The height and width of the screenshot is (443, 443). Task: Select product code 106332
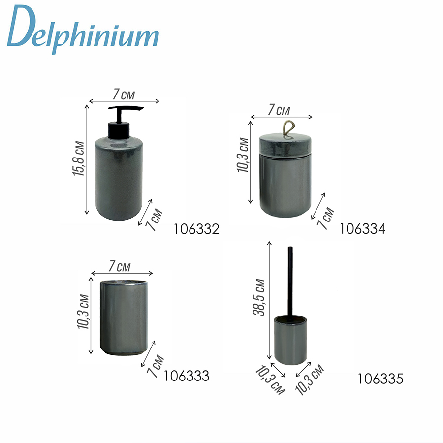196,229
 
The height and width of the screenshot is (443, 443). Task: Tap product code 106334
362,229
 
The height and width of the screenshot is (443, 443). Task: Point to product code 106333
187,376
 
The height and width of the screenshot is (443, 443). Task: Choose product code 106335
380,379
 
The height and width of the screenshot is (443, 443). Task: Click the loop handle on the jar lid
288,129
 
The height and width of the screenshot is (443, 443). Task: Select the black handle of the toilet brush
290,281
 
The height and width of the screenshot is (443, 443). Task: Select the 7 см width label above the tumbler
120,266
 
